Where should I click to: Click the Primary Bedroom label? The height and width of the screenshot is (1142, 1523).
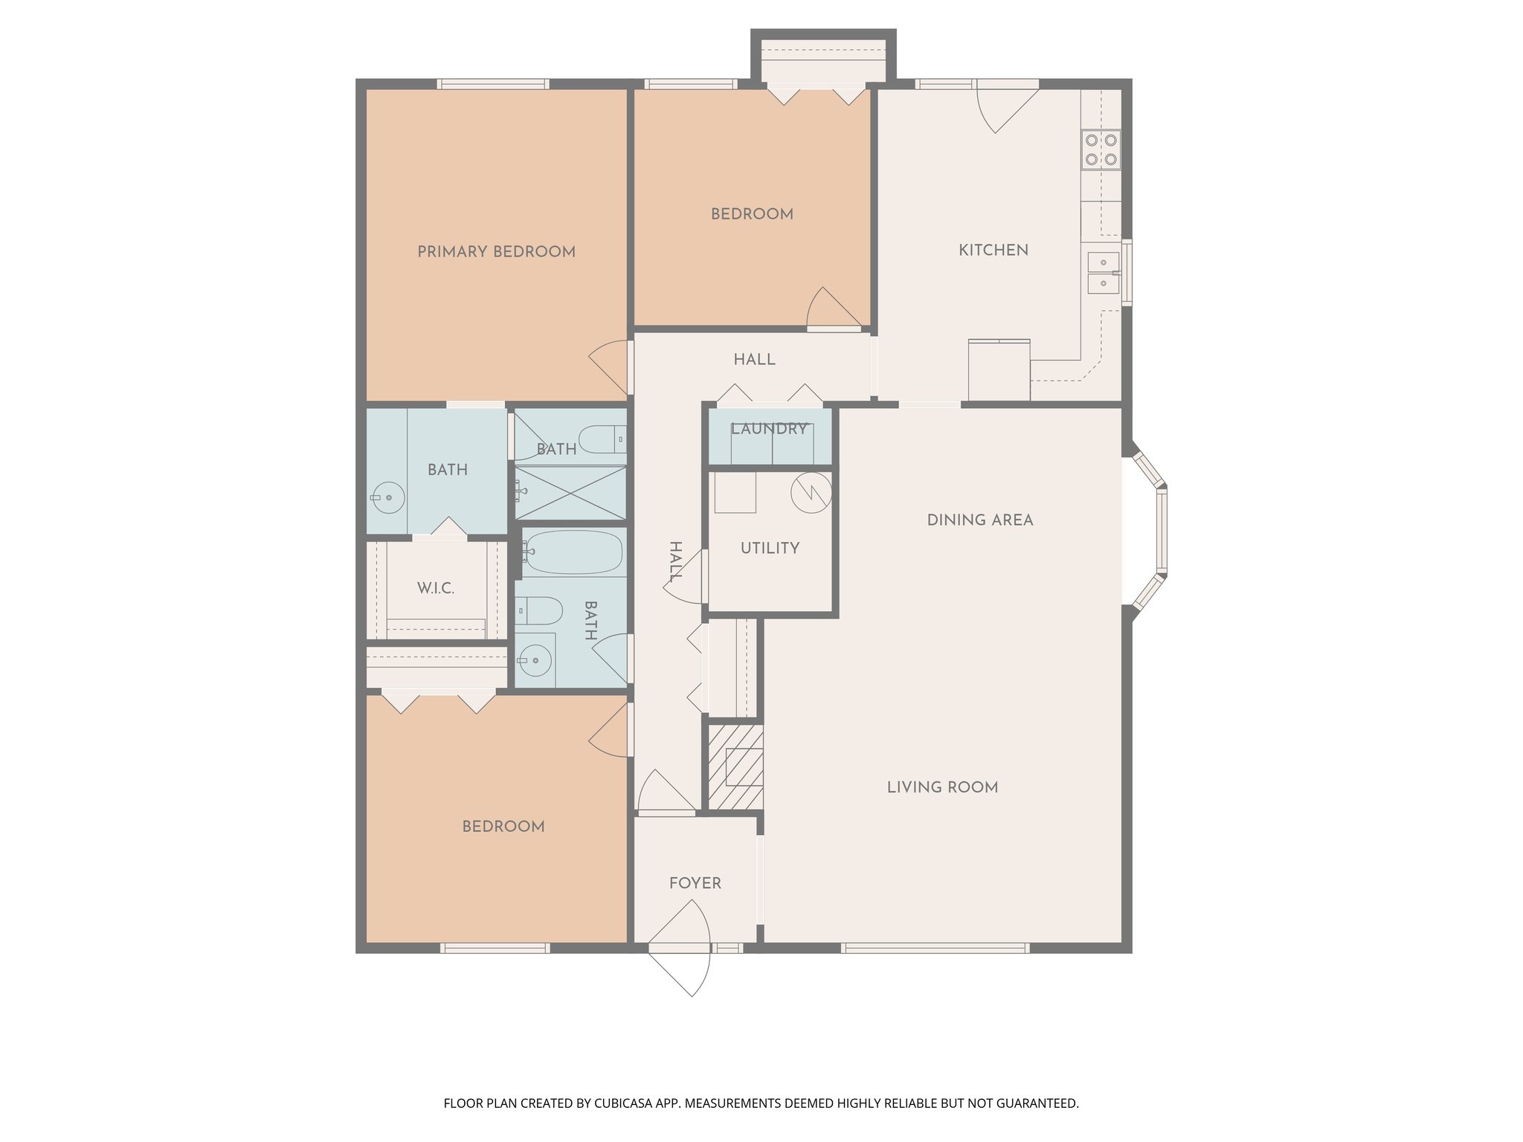[x=496, y=252]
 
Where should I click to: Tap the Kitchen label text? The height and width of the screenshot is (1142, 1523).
[x=993, y=251]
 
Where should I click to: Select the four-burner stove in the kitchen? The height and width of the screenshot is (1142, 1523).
[x=1101, y=149]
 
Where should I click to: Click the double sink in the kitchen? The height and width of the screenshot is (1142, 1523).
[x=1104, y=273]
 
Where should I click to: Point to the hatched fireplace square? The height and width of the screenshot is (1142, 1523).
[x=735, y=767]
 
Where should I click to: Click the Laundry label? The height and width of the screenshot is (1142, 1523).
[x=768, y=429]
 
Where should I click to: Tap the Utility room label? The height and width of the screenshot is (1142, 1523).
[x=770, y=549]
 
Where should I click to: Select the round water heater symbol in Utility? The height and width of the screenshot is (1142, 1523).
[x=811, y=491]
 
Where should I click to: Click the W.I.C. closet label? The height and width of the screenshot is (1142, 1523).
[x=435, y=589]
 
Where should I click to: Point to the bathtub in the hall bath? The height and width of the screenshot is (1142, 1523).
[x=573, y=552]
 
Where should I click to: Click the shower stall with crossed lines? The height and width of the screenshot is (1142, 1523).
[x=571, y=492]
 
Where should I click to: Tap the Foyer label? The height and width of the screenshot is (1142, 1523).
[x=695, y=883]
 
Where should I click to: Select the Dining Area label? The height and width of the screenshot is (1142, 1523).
[x=979, y=520]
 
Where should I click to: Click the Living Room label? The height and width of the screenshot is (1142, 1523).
[x=942, y=787]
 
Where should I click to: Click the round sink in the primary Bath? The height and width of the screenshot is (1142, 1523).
[x=388, y=497]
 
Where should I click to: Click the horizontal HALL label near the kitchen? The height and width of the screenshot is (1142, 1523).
[x=754, y=360]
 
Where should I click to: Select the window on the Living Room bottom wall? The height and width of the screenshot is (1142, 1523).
[x=935, y=948]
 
